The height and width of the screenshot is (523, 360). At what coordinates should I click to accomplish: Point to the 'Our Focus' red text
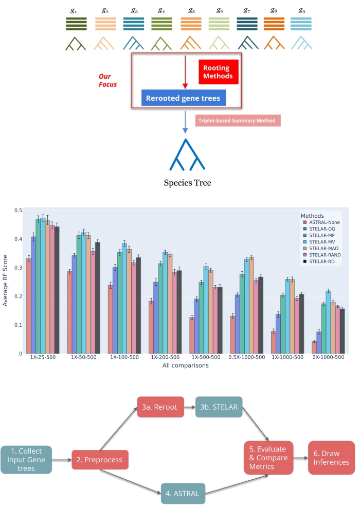coord(107,80)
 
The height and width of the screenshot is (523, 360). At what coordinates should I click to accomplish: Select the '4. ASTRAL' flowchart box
coord(184,493)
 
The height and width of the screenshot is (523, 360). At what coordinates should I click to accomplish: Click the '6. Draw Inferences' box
coord(332,458)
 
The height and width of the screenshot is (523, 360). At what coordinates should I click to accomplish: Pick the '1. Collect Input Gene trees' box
coord(26,460)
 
